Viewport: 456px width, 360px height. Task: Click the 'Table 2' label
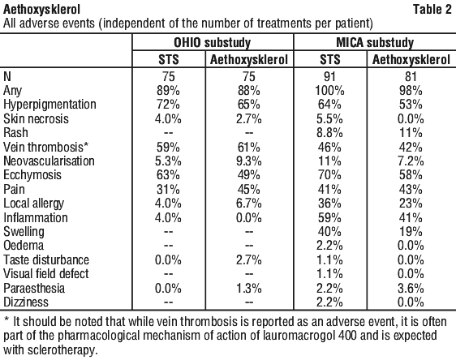point(432,10)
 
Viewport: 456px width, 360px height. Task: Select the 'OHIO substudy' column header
point(213,43)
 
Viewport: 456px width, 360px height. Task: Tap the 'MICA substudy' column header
point(375,43)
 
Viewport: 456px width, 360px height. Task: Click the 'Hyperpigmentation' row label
point(49,105)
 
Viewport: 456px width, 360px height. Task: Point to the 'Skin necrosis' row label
point(36,118)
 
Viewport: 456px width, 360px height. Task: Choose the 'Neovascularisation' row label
point(49,161)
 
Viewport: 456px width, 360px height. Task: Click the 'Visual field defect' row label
point(46,274)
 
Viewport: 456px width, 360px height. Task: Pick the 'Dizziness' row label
point(26,302)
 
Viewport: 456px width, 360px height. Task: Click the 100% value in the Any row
point(329,91)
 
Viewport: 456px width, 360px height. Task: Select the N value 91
point(329,76)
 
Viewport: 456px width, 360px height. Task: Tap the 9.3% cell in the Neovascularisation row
point(248,161)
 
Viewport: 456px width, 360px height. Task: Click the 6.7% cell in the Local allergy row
point(248,203)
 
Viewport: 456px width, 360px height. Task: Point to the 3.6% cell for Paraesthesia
point(411,288)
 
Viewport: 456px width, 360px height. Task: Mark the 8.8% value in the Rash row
point(329,133)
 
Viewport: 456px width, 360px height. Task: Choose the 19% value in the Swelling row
point(411,232)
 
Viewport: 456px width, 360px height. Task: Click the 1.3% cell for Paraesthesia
point(248,288)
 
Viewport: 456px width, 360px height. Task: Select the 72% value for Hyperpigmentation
point(168,105)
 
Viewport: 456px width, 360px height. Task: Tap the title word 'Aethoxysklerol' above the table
point(41,10)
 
